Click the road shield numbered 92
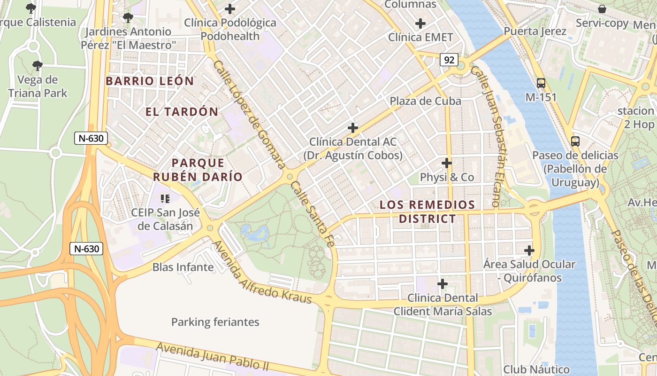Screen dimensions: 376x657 pyautogui.click(x=449, y=60)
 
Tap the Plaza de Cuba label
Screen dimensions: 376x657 pyautogui.click(x=425, y=101)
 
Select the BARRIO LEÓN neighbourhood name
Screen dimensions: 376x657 pyautogui.click(x=150, y=81)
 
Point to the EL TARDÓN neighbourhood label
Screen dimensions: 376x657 pyautogui.click(x=182, y=112)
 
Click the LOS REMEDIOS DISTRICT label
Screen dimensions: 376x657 pyautogui.click(x=427, y=211)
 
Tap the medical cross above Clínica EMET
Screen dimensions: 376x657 pyautogui.click(x=420, y=23)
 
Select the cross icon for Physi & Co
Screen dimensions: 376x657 pyautogui.click(x=447, y=163)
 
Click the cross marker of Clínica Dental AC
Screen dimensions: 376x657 pyautogui.click(x=352, y=127)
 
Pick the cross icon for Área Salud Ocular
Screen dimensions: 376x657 pyautogui.click(x=529, y=251)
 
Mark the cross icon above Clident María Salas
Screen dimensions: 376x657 pyautogui.click(x=442, y=283)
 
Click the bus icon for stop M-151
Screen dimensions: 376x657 pyautogui.click(x=541, y=83)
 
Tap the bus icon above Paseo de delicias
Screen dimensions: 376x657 pyautogui.click(x=575, y=141)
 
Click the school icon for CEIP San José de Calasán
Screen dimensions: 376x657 pyautogui.click(x=164, y=199)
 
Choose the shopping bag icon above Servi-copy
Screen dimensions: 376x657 pyautogui.click(x=602, y=9)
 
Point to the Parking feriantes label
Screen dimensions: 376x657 pyautogui.click(x=215, y=322)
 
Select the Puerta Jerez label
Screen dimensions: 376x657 pyautogui.click(x=535, y=31)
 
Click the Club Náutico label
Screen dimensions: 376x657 pyautogui.click(x=536, y=369)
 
